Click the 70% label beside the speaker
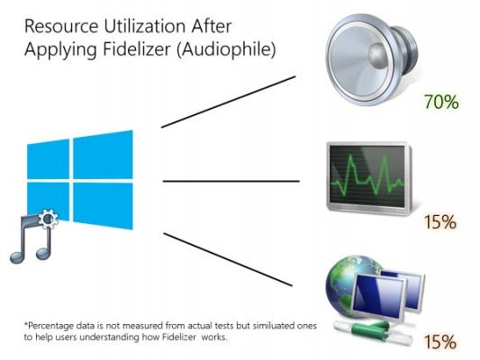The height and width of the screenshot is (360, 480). click(441, 102)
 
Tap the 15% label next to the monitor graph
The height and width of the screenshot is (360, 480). click(440, 221)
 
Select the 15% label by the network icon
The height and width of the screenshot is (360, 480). click(440, 342)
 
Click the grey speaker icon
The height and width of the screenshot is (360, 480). click(371, 59)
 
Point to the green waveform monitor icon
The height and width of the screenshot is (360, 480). click(369, 178)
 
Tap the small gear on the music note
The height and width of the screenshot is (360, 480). click(49, 219)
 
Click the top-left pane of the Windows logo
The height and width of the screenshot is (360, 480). click(48, 159)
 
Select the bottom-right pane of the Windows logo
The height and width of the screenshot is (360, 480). click(104, 206)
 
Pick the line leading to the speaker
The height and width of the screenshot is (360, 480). click(228, 102)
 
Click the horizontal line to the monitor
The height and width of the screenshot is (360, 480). click(231, 182)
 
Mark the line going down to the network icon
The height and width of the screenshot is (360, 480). click(228, 260)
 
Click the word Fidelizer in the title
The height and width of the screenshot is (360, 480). click(136, 49)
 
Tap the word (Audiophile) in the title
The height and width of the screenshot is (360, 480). click(226, 49)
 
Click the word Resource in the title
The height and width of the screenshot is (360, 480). click(61, 26)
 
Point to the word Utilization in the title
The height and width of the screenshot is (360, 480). click(145, 26)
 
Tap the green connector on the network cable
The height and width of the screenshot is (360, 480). click(369, 329)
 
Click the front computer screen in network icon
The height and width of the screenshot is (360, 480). click(378, 295)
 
